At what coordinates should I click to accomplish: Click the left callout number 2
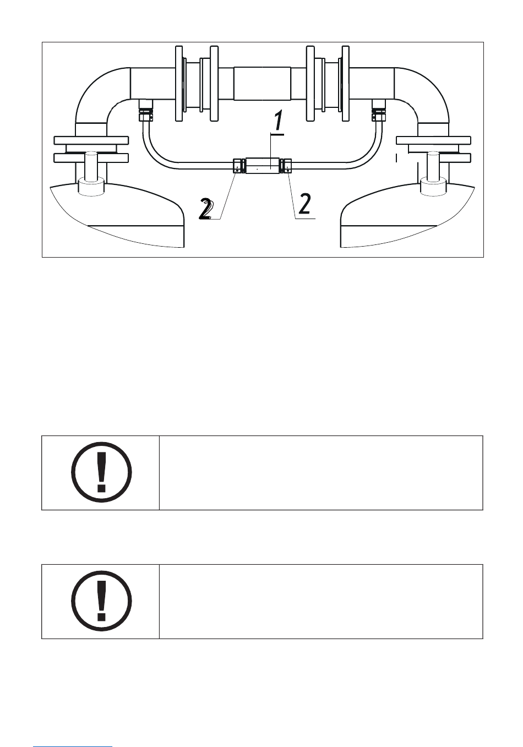coord(207,210)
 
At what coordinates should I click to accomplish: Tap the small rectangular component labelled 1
coord(263,166)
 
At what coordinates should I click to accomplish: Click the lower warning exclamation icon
coord(101,601)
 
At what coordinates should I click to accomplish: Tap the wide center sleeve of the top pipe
coord(262,83)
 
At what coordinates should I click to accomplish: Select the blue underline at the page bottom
coord(72,746)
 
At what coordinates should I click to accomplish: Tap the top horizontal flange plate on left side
coord(91,140)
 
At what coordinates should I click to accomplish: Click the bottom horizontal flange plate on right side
coord(434,157)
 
